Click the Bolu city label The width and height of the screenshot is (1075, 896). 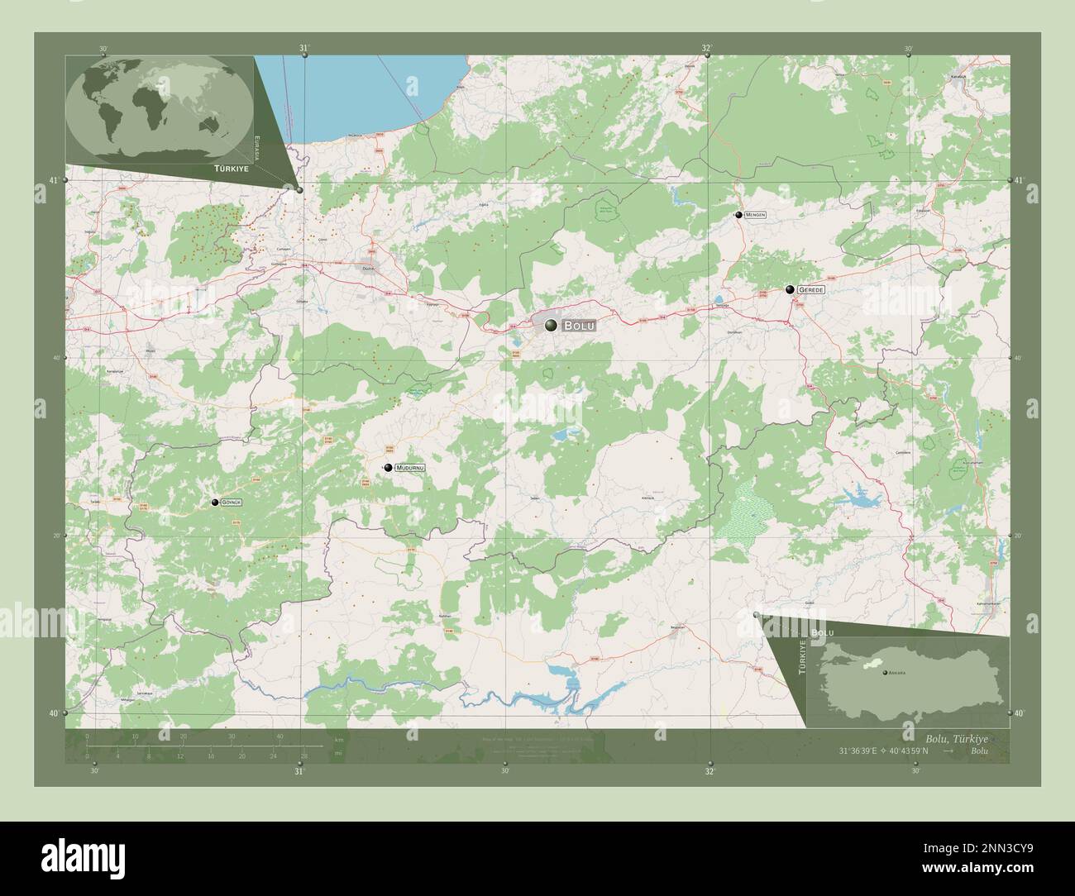(579, 326)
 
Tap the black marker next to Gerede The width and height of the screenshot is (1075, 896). (791, 289)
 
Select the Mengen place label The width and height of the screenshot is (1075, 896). (756, 215)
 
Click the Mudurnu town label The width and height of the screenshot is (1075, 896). (410, 468)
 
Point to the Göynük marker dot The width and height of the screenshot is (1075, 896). (216, 503)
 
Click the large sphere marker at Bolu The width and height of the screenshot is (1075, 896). (551, 326)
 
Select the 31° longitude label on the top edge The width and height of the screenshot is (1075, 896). (304, 49)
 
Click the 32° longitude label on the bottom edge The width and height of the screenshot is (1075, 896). (709, 770)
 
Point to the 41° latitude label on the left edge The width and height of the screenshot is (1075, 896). (54, 180)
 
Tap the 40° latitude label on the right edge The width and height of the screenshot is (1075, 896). (1020, 713)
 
